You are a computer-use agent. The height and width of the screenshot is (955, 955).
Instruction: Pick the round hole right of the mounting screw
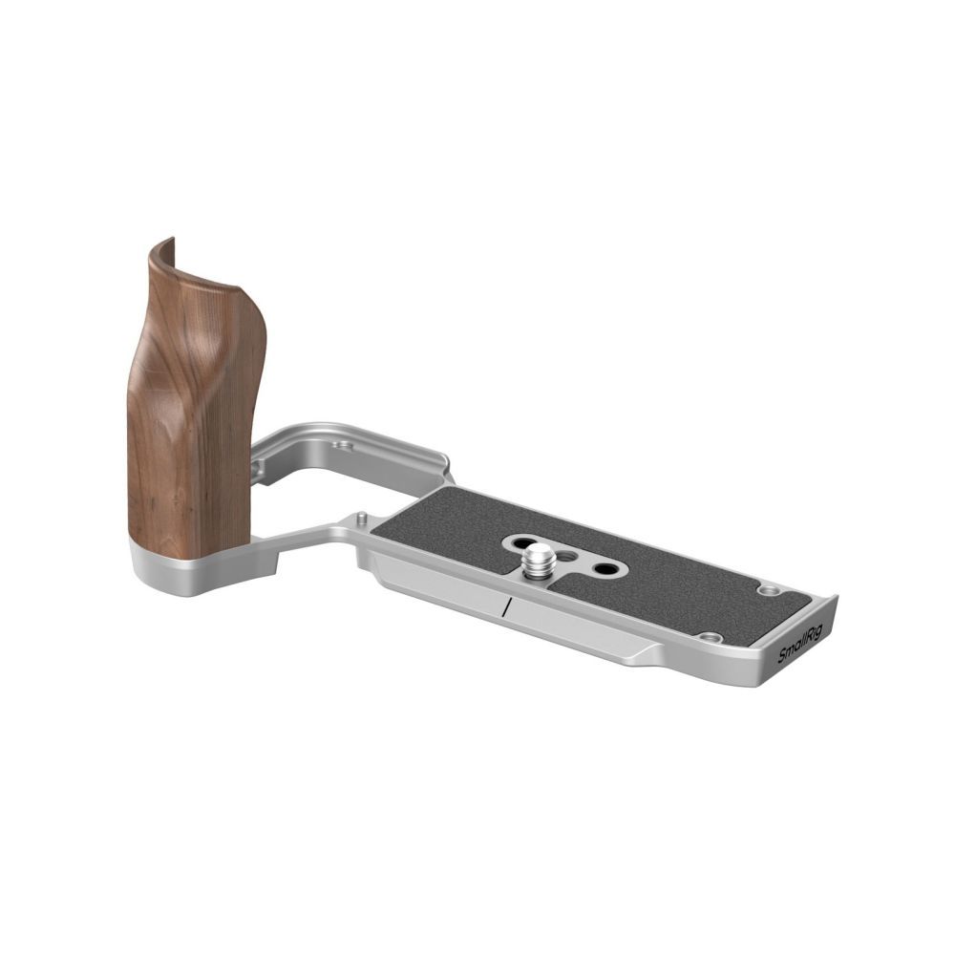pos(604,569)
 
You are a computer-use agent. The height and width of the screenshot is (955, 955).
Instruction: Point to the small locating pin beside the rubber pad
pos(362,519)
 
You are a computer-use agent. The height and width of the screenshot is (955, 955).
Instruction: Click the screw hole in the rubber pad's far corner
pos(767,590)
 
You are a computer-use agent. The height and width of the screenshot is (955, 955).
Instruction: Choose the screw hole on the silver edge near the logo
pos(708,637)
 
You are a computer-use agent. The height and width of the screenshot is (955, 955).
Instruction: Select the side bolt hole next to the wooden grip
pos(257,469)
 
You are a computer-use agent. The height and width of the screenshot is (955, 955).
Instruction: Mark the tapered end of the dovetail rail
pos(659,654)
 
